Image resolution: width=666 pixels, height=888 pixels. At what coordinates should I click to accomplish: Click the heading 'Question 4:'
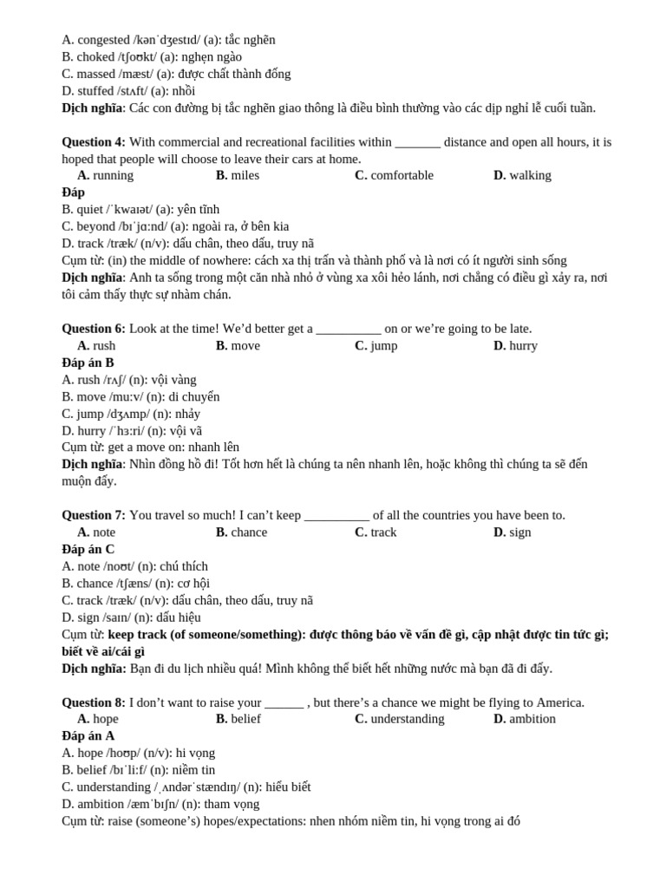point(94,142)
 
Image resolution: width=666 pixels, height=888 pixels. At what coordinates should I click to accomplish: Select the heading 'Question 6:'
point(94,329)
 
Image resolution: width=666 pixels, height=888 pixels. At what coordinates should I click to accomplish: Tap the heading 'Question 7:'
point(94,515)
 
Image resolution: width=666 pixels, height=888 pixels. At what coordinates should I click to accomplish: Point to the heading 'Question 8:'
point(94,702)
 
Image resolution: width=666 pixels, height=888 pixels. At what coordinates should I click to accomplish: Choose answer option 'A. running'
point(106,175)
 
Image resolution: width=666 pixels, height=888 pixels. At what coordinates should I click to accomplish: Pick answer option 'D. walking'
point(522,175)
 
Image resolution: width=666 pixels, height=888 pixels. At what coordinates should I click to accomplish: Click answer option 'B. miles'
point(238,175)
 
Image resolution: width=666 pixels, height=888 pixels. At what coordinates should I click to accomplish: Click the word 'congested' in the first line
point(104,40)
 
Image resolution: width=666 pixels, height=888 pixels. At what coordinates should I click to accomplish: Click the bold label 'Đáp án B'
point(88,362)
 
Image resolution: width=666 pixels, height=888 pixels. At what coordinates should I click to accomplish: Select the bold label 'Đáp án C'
point(88,549)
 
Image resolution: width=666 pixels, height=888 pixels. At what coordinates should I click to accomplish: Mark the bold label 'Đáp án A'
point(88,735)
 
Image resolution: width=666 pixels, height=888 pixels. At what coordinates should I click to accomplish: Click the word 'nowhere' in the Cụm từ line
point(228,260)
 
